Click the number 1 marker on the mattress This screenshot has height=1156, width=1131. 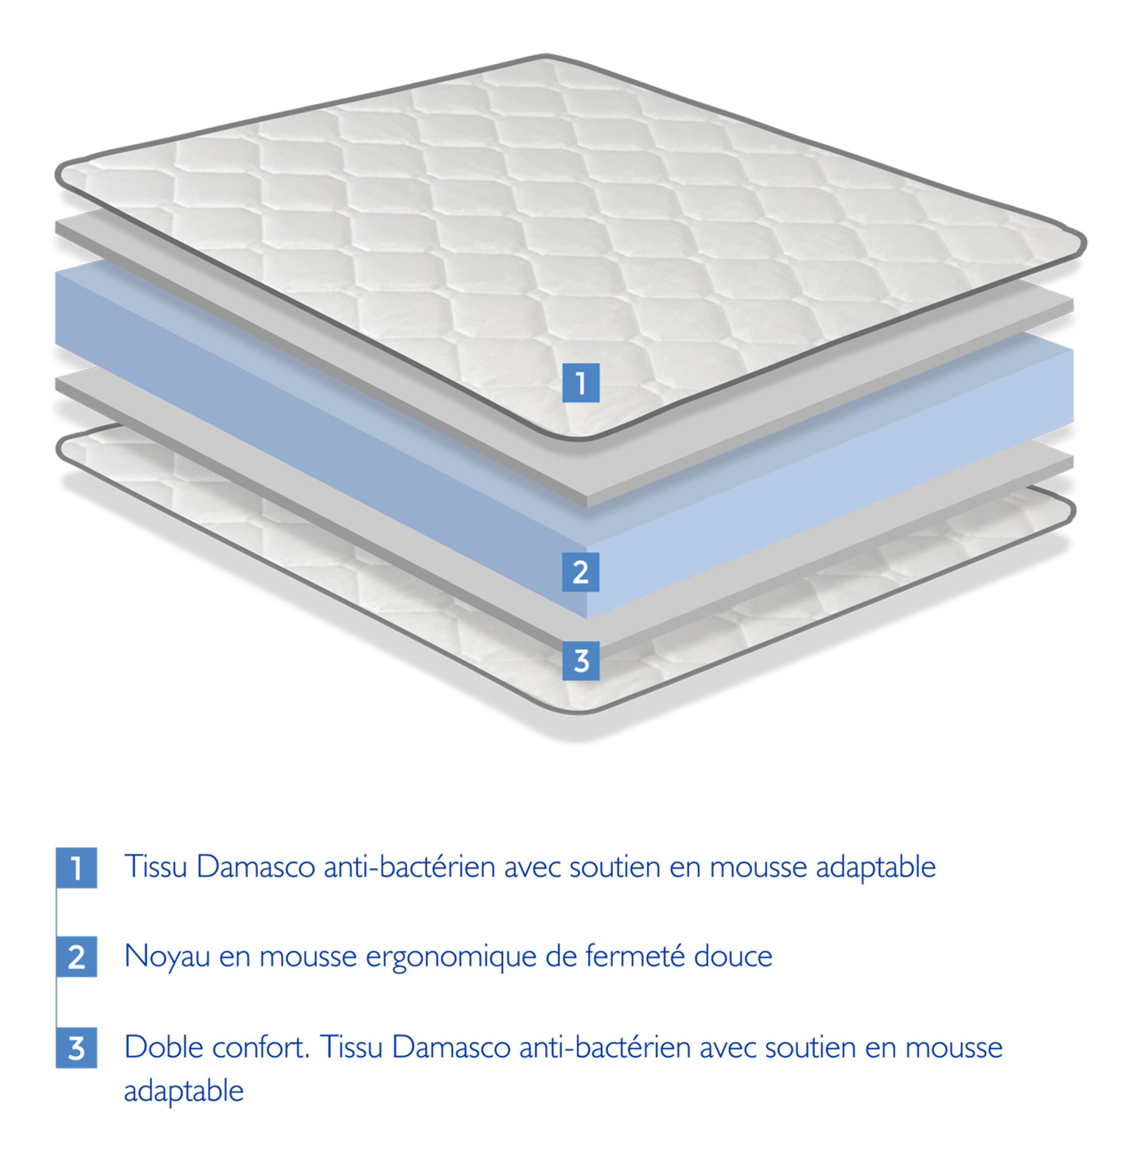(x=581, y=382)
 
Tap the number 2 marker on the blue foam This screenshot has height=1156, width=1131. (x=581, y=572)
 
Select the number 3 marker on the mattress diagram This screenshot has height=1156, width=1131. (x=581, y=661)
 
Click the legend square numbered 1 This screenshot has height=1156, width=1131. (x=76, y=867)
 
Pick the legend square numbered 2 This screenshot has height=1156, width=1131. (x=76, y=957)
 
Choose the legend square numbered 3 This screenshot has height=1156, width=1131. (x=76, y=1047)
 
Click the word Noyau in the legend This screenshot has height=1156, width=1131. (x=167, y=958)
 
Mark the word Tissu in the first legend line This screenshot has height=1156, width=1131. (x=155, y=866)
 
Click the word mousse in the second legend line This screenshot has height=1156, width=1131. (x=308, y=958)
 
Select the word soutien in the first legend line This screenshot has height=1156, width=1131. (x=614, y=866)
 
